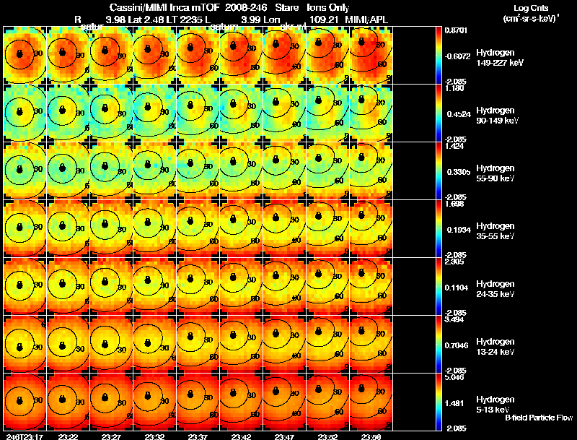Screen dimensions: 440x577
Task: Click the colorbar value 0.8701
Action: click(456, 31)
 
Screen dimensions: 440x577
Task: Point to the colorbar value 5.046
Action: click(456, 377)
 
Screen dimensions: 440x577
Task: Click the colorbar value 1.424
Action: click(456, 146)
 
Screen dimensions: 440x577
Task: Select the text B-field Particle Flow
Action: click(539, 418)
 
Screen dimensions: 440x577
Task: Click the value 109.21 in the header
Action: click(323, 18)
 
